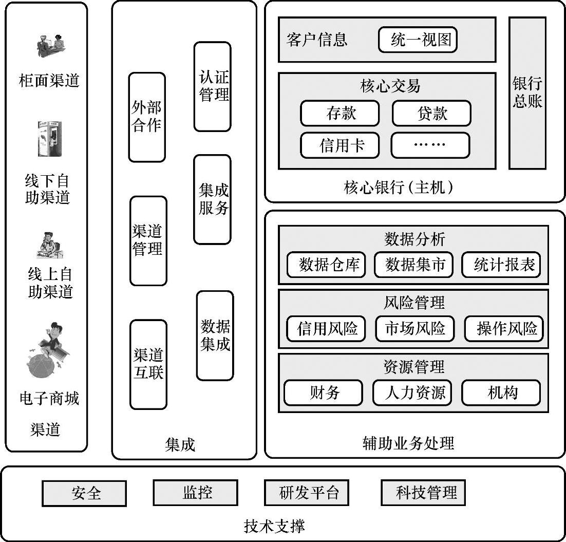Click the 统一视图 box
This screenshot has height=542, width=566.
418,40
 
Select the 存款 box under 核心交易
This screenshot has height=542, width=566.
339,114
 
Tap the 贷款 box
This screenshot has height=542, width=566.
431,114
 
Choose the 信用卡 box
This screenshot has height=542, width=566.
339,145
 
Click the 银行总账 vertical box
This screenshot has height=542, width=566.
527,93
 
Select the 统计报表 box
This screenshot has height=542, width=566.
501,265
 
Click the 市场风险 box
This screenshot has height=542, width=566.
414,328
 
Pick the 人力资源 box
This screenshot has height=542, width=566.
414,393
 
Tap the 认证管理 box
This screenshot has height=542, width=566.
213,86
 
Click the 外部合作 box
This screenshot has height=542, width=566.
147,117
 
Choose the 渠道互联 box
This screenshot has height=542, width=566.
148,364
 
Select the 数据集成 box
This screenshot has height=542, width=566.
215,335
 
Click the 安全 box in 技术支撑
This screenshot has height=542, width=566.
84,494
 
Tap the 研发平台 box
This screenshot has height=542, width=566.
307,493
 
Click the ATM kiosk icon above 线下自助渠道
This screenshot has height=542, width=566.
49,139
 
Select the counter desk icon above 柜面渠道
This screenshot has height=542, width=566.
50,46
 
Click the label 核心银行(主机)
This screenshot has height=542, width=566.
399,188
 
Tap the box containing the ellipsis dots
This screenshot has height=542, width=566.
430,145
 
